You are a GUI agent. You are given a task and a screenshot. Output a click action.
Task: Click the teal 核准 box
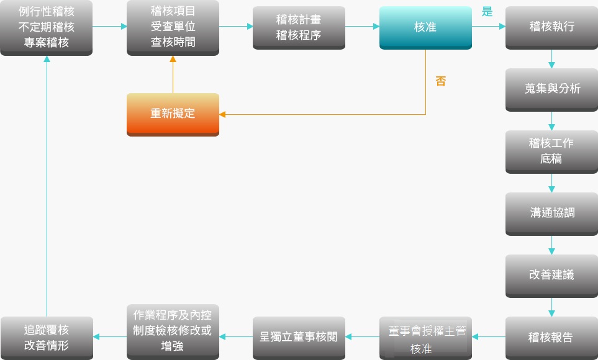tap(425, 27)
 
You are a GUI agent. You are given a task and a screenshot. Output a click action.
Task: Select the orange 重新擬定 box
tap(173, 114)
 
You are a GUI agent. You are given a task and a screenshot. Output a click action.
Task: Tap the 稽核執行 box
tap(551, 27)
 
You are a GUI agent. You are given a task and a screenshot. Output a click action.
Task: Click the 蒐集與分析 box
tap(551, 89)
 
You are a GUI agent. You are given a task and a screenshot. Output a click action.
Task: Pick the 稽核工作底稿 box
tap(551, 151)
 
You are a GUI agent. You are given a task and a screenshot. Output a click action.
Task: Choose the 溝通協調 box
tap(551, 214)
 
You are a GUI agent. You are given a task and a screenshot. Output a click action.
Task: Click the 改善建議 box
tap(551, 276)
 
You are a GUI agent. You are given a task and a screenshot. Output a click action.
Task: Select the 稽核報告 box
tap(551, 338)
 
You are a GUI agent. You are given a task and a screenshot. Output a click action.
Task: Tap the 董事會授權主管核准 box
tap(425, 338)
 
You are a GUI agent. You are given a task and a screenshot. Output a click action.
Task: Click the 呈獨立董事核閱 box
tap(299, 338)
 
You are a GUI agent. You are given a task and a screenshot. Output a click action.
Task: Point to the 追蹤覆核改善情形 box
tap(47, 338)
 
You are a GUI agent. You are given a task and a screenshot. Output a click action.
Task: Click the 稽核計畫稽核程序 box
tap(299, 27)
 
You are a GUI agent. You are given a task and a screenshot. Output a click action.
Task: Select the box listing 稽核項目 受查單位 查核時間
tap(173, 27)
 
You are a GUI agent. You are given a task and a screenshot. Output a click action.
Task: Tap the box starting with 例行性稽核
tap(47, 27)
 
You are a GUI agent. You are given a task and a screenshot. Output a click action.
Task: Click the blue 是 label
tap(487, 12)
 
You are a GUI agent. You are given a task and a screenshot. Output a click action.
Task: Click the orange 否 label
tap(440, 81)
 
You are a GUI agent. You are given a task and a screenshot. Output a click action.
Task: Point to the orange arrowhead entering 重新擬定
tap(222, 114)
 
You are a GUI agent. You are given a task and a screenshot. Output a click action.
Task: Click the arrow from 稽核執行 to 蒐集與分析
tap(551, 59)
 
